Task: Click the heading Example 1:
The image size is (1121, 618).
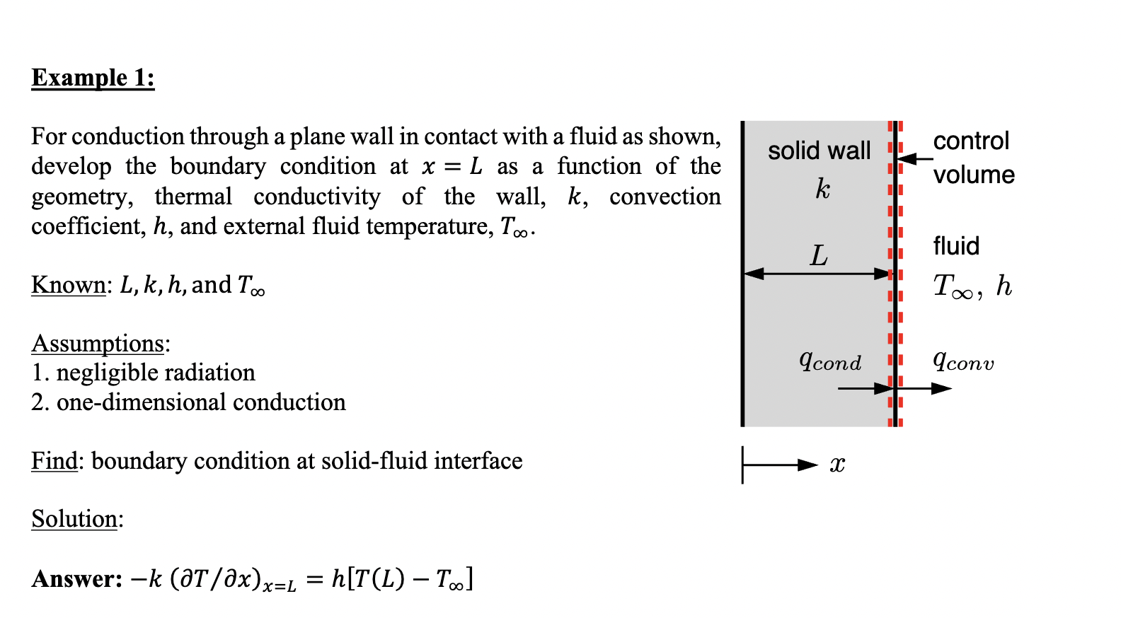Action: pos(93,77)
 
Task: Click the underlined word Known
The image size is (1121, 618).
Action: pos(68,285)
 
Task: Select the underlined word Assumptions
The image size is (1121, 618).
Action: pos(98,344)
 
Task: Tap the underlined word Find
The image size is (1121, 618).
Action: pos(54,461)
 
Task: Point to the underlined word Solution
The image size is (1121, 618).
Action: pos(74,519)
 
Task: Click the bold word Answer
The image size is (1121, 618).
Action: pos(77,579)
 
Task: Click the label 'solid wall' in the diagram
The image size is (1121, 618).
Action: pos(819,151)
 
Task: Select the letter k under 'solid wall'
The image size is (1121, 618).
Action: pos(822,189)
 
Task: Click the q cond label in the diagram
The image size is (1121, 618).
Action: pos(829,362)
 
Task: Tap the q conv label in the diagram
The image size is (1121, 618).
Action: pos(963,362)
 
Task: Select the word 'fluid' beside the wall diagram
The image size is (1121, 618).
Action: pos(956,246)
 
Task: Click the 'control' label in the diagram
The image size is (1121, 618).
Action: pos(971,141)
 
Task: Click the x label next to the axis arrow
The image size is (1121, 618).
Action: pos(837,465)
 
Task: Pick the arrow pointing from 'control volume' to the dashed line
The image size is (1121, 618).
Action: pos(914,159)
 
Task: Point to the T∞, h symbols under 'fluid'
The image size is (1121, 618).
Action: pos(972,286)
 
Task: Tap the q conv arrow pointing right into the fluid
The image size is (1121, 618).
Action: pos(927,388)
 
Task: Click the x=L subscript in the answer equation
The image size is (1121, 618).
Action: pos(279,586)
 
